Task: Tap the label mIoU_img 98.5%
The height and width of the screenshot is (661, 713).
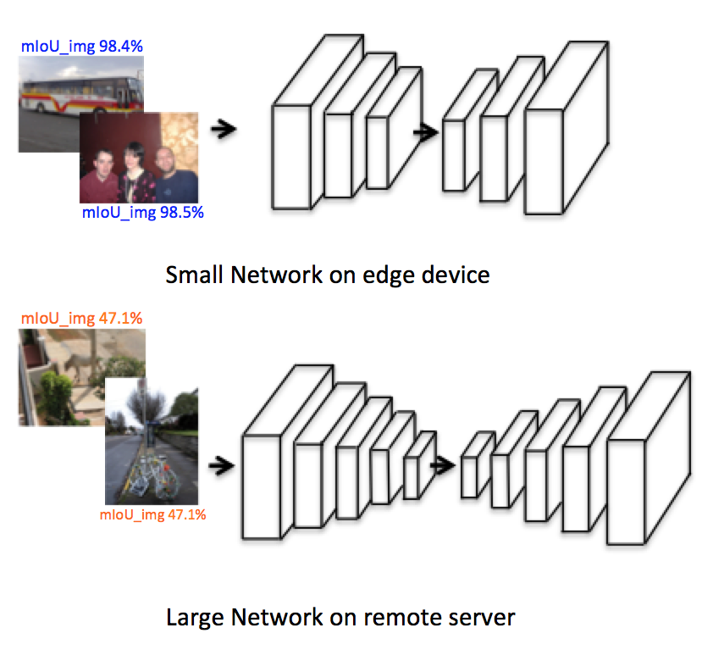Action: tap(143, 213)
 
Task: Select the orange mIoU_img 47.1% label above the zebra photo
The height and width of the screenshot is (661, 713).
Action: tap(81, 318)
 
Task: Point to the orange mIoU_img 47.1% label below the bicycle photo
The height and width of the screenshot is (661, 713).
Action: tap(153, 514)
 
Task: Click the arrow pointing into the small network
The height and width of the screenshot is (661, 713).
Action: tap(223, 129)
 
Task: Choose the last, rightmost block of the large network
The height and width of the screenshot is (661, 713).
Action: tap(627, 492)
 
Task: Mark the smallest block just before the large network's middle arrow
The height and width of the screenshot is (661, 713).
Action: tap(413, 477)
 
